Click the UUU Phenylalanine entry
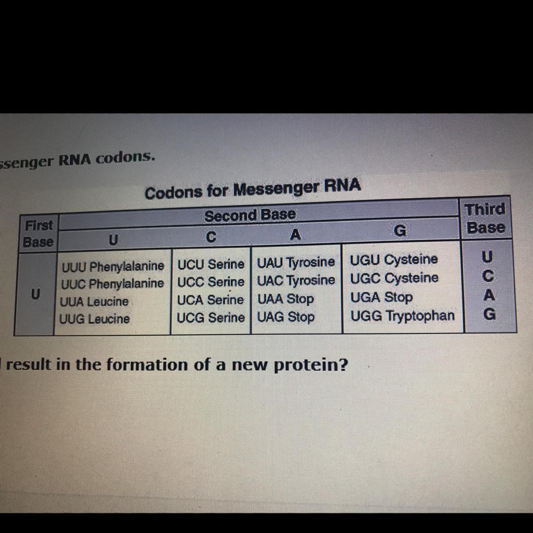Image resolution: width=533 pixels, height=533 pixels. click(113, 266)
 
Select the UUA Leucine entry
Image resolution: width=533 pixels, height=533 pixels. click(94, 302)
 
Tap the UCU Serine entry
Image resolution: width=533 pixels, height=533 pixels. click(211, 264)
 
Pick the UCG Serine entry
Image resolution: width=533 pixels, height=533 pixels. click(211, 318)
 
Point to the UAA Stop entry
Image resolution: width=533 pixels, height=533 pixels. click(286, 299)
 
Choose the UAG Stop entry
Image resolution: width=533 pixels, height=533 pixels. click(286, 317)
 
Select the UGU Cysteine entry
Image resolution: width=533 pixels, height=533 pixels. click(394, 259)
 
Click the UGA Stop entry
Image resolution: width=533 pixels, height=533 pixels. click(382, 297)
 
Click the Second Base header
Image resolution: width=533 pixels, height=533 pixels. click(250, 215)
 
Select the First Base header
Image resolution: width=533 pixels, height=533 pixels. click(38, 234)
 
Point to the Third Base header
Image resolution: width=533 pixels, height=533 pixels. click(485, 218)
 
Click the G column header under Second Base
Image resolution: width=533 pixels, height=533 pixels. click(400, 231)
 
